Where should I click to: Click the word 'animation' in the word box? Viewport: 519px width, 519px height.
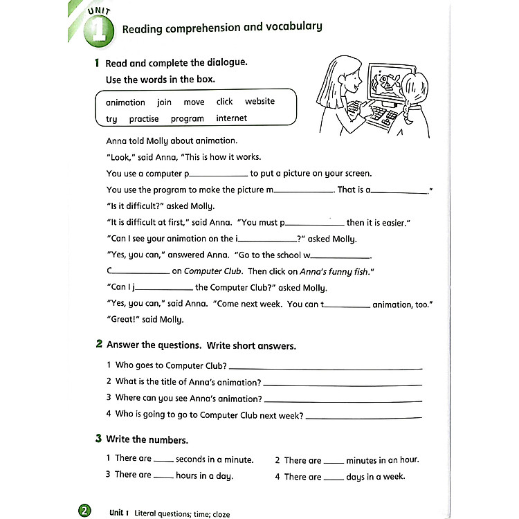pyautogui.click(x=125, y=102)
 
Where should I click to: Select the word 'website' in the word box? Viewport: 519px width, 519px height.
pyautogui.click(x=259, y=102)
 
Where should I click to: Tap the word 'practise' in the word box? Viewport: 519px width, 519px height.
pyautogui.click(x=144, y=119)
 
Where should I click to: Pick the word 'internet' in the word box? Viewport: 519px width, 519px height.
pyautogui.click(x=231, y=118)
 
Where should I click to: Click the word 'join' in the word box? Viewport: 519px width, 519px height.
pyautogui.click(x=164, y=102)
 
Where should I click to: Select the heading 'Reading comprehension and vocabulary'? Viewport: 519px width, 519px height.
pyautogui.click(x=221, y=28)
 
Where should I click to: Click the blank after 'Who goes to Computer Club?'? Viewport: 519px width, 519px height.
pyautogui.click(x=325, y=367)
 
